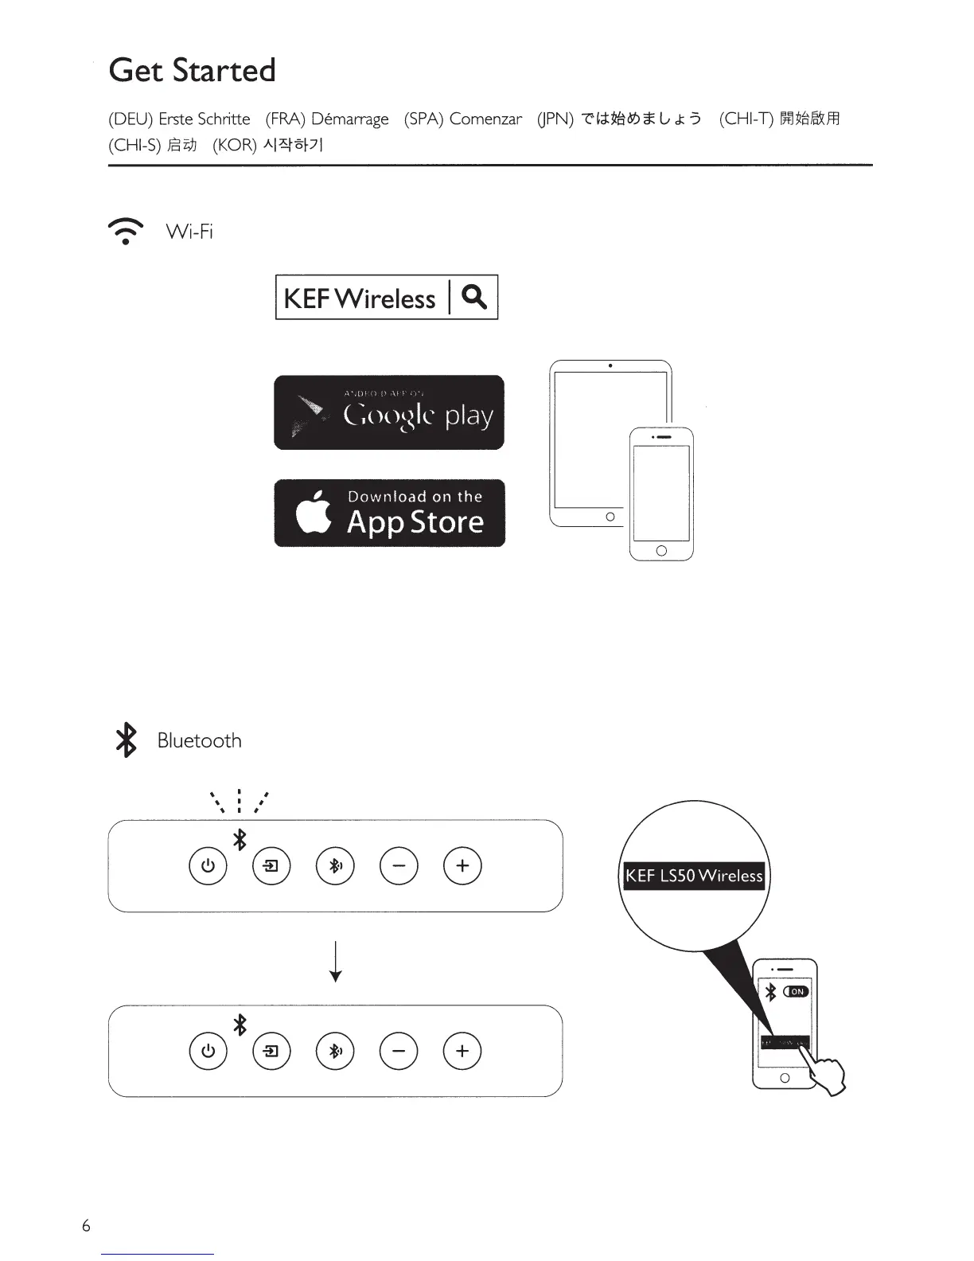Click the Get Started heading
click(192, 70)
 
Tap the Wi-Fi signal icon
click(126, 230)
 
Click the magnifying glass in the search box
click(474, 297)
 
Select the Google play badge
click(389, 412)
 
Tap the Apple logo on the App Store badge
click(314, 513)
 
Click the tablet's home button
click(610, 517)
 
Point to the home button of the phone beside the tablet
click(661, 551)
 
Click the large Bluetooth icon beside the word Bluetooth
click(126, 740)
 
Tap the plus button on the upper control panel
click(462, 865)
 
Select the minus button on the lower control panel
click(399, 1051)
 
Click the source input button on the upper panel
click(271, 865)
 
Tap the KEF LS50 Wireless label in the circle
click(694, 876)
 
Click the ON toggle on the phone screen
click(797, 991)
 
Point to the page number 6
click(86, 1226)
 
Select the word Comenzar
click(485, 119)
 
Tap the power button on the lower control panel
click(208, 1051)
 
